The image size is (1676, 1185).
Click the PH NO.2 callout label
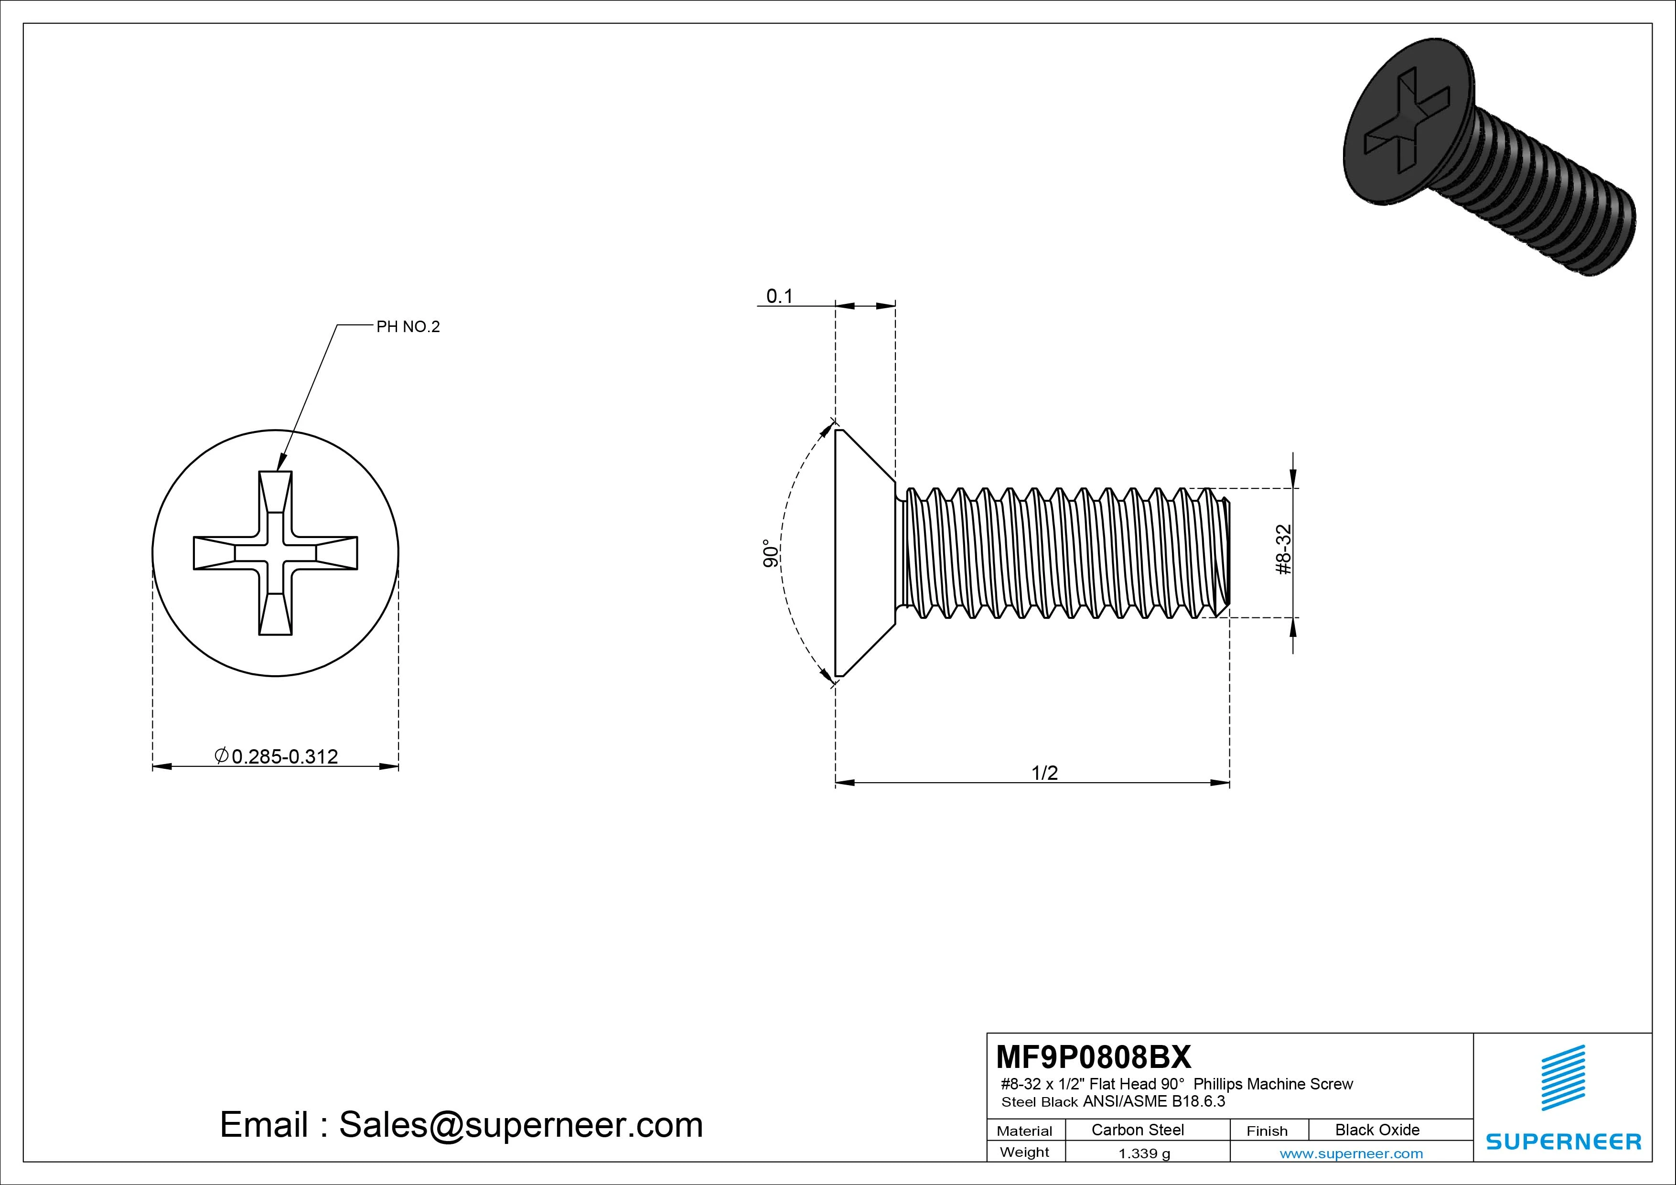click(408, 327)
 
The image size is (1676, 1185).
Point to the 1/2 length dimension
click(1044, 773)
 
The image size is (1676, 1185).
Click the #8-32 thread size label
click(1284, 549)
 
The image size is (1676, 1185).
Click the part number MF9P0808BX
click(1093, 1056)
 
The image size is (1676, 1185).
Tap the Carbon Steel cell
click(1137, 1130)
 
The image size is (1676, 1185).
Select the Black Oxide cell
click(1377, 1130)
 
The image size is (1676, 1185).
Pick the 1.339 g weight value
click(1144, 1153)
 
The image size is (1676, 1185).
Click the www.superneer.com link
click(1351, 1153)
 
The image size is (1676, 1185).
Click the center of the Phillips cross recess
click(275, 553)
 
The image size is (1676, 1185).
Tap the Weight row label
click(1024, 1152)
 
